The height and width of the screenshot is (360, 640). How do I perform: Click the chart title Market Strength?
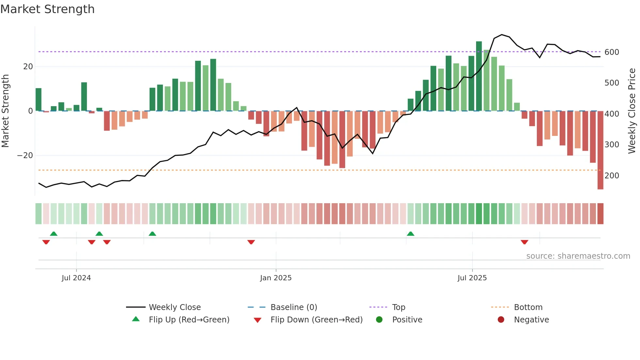pos(47,9)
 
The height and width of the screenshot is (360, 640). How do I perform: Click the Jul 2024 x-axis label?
pos(76,278)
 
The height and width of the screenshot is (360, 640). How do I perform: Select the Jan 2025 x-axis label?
pos(276,278)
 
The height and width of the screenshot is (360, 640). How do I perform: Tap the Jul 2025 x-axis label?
pos(472,278)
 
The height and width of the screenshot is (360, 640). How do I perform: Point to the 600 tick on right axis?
pos(612,52)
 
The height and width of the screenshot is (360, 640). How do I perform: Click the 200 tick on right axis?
pos(612,176)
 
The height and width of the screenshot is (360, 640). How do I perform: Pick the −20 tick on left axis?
pos(25,155)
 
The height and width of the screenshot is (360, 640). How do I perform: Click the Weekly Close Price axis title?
pos(632,111)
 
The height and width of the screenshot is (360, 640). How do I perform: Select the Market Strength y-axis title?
pos(6,111)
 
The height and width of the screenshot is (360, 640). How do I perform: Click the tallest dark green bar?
pos(479,76)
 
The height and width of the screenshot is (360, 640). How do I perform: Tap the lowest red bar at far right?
pos(600,150)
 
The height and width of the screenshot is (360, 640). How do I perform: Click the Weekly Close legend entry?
pos(175,307)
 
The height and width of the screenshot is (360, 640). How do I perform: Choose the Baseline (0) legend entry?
pos(294,307)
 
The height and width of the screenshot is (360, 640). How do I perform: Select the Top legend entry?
pos(398,307)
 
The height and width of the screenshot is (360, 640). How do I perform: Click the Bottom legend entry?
pos(528,307)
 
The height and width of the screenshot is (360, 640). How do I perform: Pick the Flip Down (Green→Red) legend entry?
pos(316,320)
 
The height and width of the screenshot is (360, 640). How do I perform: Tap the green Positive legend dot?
pos(379,320)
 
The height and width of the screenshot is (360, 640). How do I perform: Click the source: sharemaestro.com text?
pos(578,256)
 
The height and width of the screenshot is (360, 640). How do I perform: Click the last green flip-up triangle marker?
pos(410,234)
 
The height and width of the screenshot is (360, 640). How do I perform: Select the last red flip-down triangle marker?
pos(524,242)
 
